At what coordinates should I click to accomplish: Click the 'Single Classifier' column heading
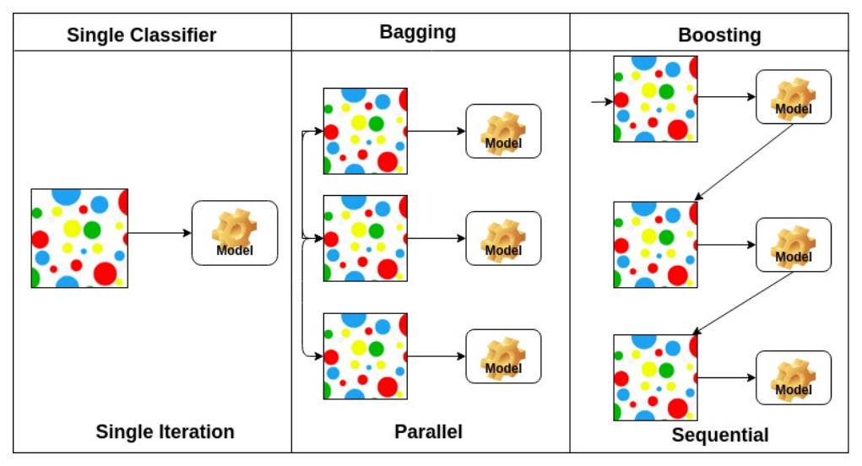click(142, 35)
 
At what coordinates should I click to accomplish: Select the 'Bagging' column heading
click(417, 32)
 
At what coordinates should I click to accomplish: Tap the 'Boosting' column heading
click(719, 35)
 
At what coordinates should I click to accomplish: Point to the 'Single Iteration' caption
click(165, 431)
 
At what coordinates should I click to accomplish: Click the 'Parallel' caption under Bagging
click(428, 431)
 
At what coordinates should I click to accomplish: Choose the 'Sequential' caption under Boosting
click(720, 436)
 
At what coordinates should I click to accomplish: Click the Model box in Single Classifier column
click(235, 233)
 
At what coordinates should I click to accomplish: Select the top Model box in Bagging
click(503, 131)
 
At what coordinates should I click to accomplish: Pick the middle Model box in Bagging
click(503, 238)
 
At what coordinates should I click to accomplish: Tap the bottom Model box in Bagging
click(503, 355)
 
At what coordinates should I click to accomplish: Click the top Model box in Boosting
click(793, 97)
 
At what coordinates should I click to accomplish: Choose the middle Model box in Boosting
click(793, 245)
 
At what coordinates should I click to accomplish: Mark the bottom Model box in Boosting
click(793, 377)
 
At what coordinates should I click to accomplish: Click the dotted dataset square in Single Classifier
click(79, 238)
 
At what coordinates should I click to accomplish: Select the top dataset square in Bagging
click(366, 131)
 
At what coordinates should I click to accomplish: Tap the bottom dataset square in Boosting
click(655, 377)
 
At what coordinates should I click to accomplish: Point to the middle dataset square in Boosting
click(655, 245)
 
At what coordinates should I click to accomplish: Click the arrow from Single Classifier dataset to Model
click(160, 233)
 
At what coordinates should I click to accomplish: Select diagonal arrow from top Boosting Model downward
click(744, 161)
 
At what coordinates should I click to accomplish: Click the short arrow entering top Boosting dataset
click(601, 102)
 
